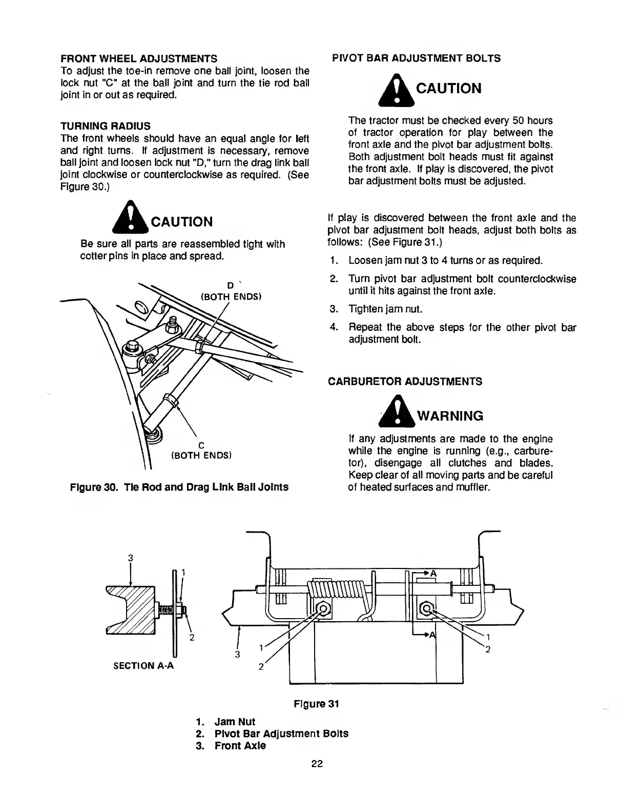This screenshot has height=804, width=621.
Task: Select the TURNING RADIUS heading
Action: click(x=106, y=125)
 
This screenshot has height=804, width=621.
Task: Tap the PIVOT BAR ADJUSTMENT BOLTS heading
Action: click(x=417, y=58)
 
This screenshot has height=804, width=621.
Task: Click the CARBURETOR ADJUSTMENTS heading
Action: click(x=405, y=382)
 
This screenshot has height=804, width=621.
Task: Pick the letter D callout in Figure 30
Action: click(x=230, y=285)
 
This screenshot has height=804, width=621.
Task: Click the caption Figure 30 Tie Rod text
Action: click(x=179, y=486)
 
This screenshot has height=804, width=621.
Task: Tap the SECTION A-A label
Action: click(x=143, y=666)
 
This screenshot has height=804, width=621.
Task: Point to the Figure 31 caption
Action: click(x=316, y=704)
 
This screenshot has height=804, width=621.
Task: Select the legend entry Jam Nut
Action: click(x=235, y=722)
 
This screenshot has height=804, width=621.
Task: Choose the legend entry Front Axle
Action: click(x=240, y=746)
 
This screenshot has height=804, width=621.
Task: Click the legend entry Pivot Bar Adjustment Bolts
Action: click(x=281, y=733)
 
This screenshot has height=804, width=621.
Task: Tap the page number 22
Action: click(x=316, y=764)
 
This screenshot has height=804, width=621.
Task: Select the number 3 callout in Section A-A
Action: click(x=131, y=558)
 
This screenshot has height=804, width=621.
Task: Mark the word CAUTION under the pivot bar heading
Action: click(x=449, y=89)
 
